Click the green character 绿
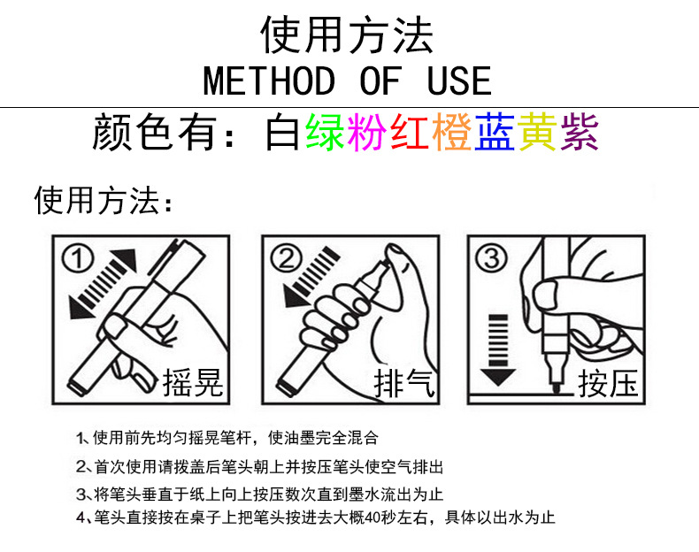point(325,133)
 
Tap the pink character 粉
point(367,133)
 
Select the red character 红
point(410,133)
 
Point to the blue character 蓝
point(495,133)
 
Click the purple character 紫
point(580,133)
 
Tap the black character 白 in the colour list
point(282,133)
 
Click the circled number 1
point(78,259)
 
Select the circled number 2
point(286,259)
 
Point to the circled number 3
point(492,258)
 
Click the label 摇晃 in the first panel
point(193,383)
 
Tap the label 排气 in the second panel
point(404,383)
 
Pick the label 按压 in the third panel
point(608,383)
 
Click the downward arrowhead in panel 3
point(498,377)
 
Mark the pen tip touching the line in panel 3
point(556,389)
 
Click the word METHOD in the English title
point(269,81)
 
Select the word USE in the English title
point(459,81)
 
